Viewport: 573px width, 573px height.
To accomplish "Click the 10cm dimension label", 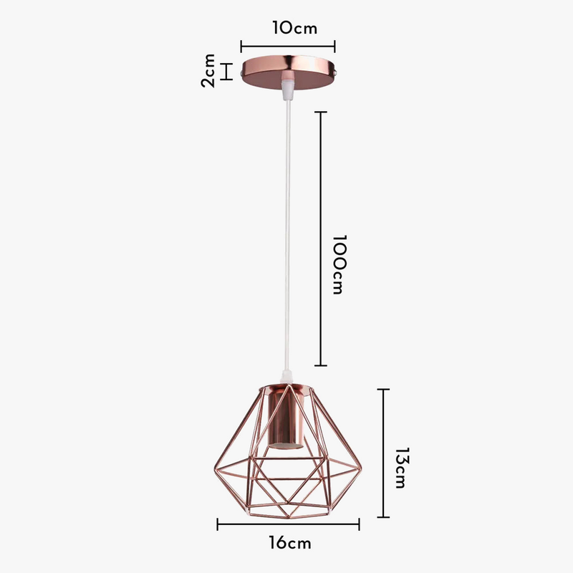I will coord(294,28).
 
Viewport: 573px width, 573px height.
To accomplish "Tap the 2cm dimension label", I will coord(208,70).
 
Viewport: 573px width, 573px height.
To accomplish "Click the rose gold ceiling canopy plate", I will coord(288,69).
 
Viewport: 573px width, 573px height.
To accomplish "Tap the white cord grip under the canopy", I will coord(288,90).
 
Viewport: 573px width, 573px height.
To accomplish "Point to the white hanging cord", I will coord(287,236).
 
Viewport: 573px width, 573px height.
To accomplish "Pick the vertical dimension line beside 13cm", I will coord(384,453).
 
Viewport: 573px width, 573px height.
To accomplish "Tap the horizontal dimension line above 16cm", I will coord(288,524).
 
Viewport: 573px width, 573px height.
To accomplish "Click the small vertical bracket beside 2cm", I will coord(228,72).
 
